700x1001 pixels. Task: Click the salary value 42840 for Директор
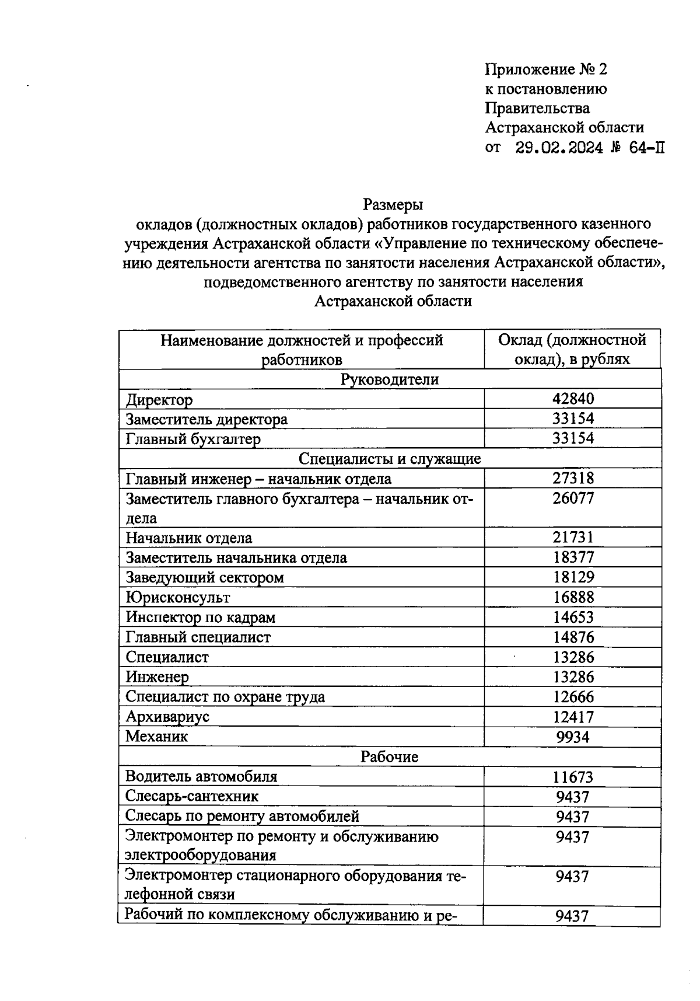click(x=573, y=399)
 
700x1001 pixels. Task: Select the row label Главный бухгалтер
click(x=193, y=438)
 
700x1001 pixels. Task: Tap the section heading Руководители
click(x=389, y=379)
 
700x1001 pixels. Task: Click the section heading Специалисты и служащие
click(x=389, y=459)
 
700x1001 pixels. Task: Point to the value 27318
click(x=573, y=479)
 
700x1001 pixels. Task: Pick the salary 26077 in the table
click(x=573, y=498)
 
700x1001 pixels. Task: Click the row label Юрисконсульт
click(x=178, y=598)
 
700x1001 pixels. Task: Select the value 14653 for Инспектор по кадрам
click(x=573, y=617)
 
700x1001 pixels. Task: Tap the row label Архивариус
click(x=167, y=717)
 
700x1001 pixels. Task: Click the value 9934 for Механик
click(x=573, y=737)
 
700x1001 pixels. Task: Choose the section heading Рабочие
click(x=389, y=757)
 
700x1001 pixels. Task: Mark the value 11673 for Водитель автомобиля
click(x=573, y=777)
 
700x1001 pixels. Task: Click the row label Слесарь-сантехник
click(x=192, y=797)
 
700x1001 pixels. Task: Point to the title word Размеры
click(x=393, y=205)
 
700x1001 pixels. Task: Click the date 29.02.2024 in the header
click(x=559, y=148)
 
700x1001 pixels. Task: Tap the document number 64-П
click(x=646, y=148)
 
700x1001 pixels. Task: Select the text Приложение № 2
click(x=546, y=70)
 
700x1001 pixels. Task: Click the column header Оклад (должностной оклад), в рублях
click(x=572, y=349)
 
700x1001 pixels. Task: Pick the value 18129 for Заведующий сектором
click(x=573, y=577)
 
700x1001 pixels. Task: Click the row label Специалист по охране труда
click(x=225, y=697)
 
